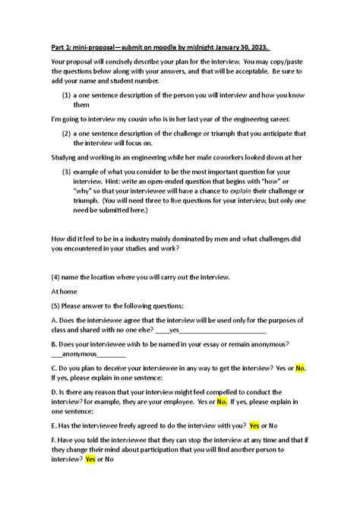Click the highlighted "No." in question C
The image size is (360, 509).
click(x=300, y=368)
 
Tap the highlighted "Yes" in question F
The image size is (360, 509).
click(x=90, y=459)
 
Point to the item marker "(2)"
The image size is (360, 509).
click(x=66, y=133)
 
